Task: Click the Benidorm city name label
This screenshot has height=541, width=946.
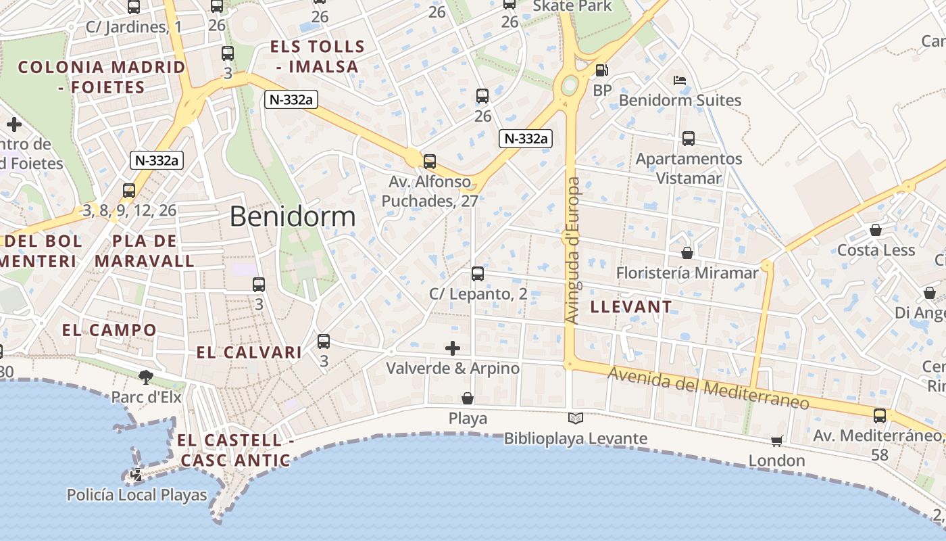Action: point(292,216)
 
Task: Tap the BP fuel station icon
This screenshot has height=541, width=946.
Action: point(601,70)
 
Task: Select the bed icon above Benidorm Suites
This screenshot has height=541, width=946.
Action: point(680,80)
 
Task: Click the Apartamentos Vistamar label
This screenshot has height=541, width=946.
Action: point(689,168)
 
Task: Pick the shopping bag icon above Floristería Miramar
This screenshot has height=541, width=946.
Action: point(687,253)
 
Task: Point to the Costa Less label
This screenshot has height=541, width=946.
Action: point(876,250)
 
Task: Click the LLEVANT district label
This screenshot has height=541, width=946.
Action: point(631,306)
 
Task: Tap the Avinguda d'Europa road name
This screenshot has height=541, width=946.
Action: point(573,250)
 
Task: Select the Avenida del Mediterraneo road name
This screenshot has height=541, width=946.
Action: point(708,388)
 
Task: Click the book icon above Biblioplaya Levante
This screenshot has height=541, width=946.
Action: point(575,419)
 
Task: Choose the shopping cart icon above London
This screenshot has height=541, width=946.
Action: point(776,441)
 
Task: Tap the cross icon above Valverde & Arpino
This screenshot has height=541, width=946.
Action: point(453,348)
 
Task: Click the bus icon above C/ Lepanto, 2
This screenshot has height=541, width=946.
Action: point(478,274)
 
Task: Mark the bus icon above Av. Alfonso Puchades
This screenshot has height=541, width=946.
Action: point(430,162)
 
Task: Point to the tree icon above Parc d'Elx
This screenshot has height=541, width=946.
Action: point(146,377)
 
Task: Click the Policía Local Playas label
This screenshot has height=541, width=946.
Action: point(136,495)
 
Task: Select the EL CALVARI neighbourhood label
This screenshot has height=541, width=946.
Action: point(249,352)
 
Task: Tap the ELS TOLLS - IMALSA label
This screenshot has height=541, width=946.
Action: point(318,57)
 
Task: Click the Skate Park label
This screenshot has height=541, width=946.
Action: point(572,6)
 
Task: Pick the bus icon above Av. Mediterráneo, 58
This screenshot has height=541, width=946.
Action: point(880,416)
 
